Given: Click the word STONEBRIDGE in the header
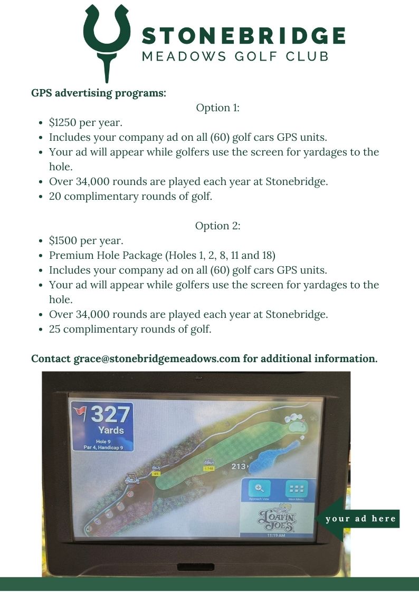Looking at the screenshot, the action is click(243, 36).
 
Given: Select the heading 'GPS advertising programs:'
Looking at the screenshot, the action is click(99, 93).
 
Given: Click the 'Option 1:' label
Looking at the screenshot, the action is click(218, 108).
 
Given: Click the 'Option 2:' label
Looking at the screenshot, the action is click(218, 226).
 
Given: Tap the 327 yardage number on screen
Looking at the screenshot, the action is click(110, 414).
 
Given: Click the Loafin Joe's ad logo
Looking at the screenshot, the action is click(277, 518).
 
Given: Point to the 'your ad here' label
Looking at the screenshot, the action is click(361, 519).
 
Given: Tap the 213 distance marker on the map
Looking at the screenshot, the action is click(239, 467).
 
